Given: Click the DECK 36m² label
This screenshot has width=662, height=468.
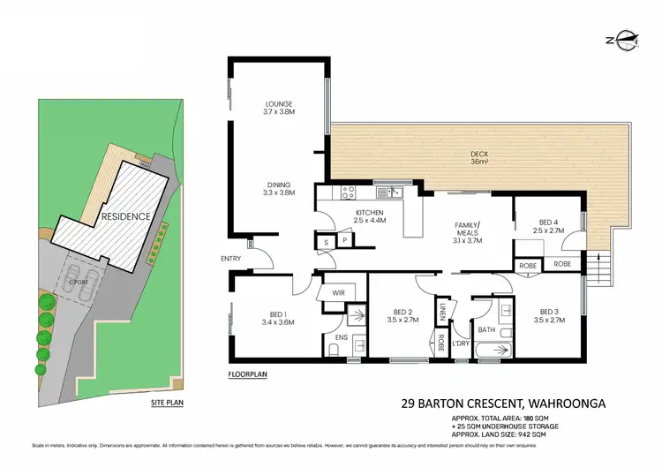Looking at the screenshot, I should tap(478, 157).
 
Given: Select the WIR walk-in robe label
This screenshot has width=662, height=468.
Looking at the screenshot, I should tap(338, 291).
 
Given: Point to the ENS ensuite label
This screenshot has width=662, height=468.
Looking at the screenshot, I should tap(342, 337).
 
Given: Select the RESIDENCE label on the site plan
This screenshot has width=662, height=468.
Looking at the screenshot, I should tap(124, 216).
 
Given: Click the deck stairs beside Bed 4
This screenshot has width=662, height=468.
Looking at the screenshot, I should tap(604, 263).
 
